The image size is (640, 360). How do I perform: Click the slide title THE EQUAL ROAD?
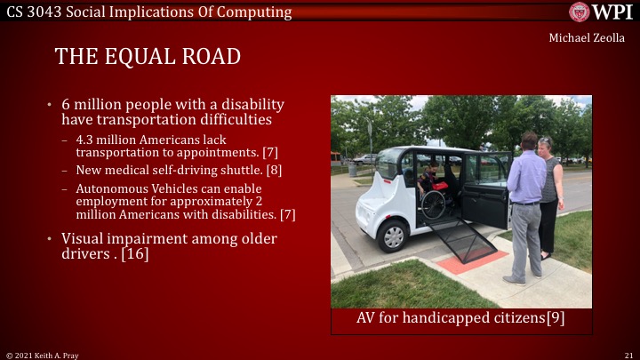[148, 57]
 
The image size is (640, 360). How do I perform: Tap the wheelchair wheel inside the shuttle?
[433, 205]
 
